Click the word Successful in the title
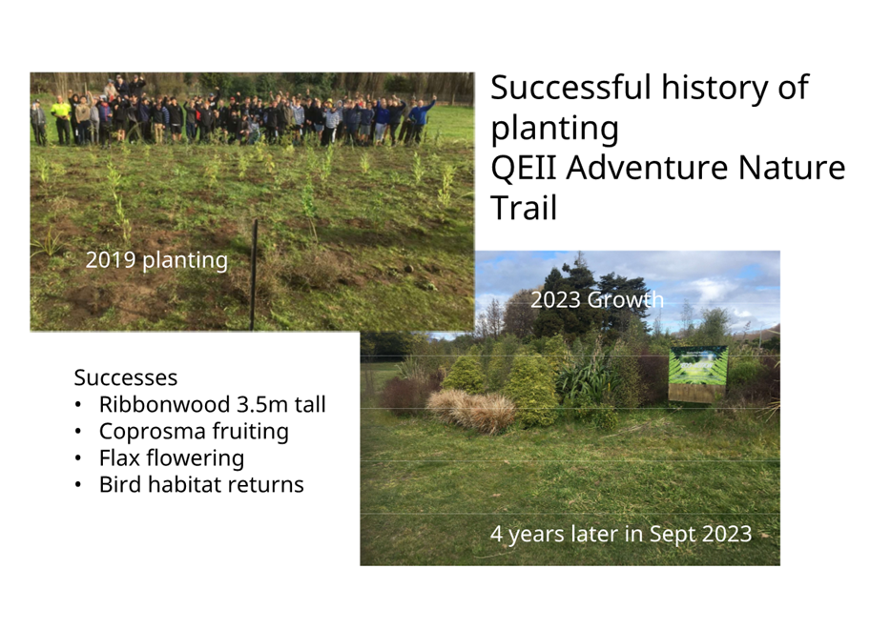(570, 88)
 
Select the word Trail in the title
(524, 208)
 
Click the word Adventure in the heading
(647, 168)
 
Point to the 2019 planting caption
(156, 260)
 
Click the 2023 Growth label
(597, 299)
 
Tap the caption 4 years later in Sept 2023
(621, 535)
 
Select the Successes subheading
(126, 378)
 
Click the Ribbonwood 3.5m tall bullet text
(213, 405)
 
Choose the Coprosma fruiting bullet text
(194, 432)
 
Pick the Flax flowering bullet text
(172, 458)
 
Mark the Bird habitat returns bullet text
(201, 485)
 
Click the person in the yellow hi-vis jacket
(61, 118)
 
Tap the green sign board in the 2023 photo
(697, 374)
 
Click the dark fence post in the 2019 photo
(254, 274)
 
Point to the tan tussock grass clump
(471, 409)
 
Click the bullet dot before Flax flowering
(78, 458)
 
